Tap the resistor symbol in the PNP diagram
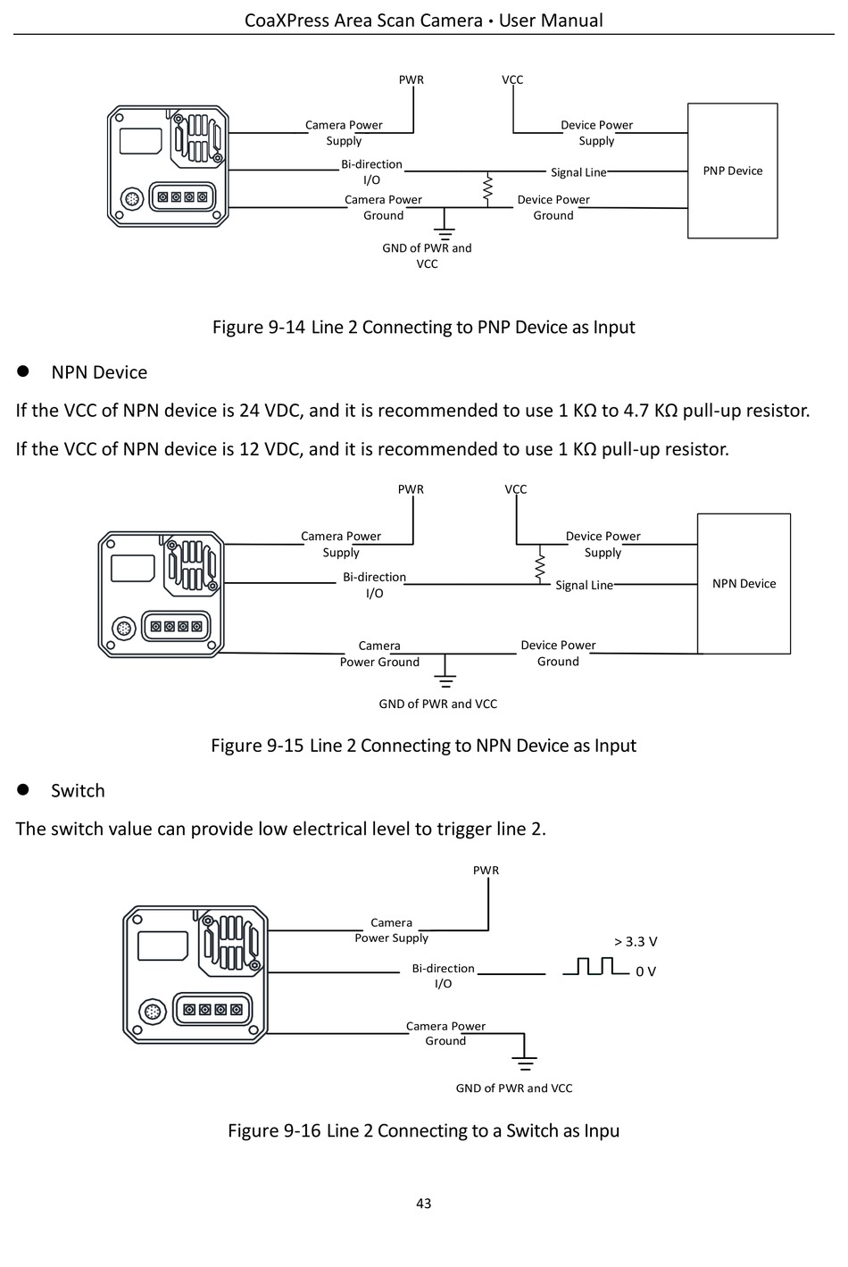488,190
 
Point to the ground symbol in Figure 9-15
445,679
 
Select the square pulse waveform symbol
596,966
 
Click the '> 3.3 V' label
636,942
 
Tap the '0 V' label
645,971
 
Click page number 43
423,1204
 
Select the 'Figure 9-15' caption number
257,746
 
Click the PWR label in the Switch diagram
486,871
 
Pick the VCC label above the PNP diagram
512,79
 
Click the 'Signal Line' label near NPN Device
584,586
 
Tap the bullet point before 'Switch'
22,789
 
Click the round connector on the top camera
131,199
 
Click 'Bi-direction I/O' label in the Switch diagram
444,976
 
